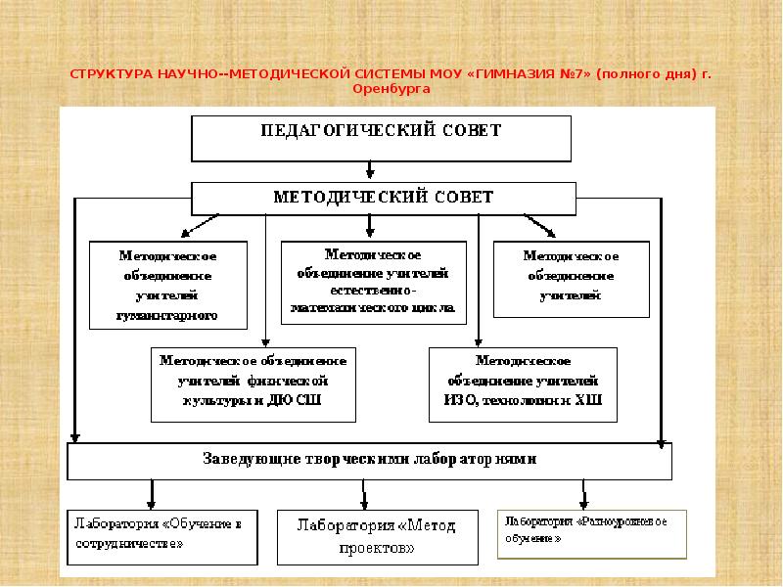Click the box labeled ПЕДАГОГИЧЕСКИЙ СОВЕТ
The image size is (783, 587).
381,137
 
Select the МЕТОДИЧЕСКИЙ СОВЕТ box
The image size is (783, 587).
382,198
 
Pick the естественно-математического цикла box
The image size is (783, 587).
372,283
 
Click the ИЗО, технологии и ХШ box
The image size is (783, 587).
524,382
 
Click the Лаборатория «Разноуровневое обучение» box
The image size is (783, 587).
582,530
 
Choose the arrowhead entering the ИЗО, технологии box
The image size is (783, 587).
478,341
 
